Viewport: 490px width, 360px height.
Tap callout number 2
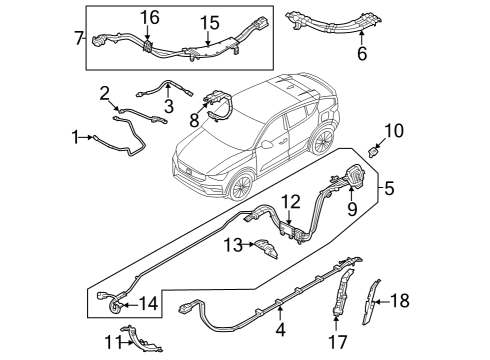coord(105,93)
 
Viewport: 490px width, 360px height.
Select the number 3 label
coord(169,104)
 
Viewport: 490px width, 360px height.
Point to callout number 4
coord(281,328)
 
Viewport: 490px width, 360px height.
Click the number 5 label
coord(389,187)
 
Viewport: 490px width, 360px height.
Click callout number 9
coord(351,209)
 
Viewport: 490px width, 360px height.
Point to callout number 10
coord(393,130)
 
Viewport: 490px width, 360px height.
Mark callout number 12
coord(288,202)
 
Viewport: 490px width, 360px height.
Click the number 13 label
coord(232,245)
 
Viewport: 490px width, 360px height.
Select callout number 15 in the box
coord(208,22)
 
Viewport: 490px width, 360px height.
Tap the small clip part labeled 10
coord(375,151)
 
